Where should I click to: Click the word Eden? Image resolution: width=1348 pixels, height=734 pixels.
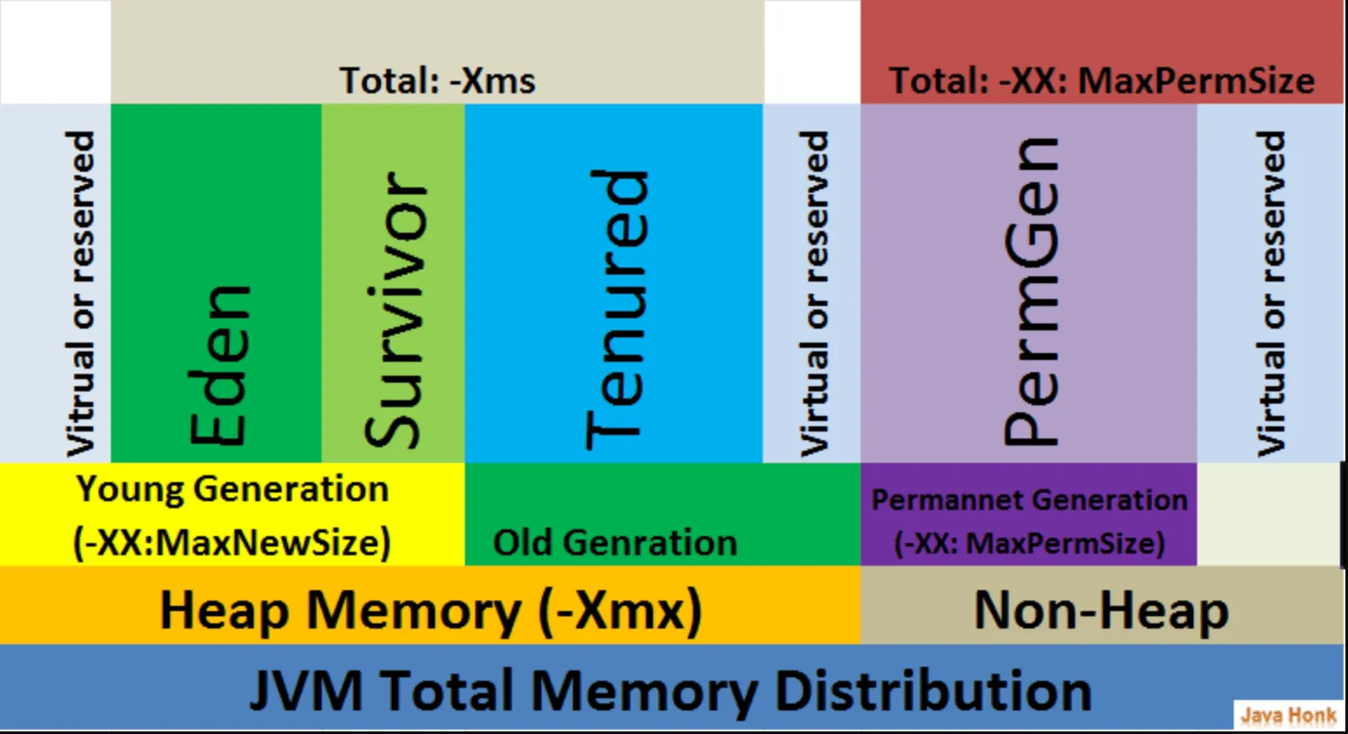(219, 365)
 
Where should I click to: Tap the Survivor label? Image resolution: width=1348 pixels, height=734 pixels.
(395, 309)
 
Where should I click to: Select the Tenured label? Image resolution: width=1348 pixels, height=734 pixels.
(617, 309)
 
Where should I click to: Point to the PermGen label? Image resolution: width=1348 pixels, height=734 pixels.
(1031, 291)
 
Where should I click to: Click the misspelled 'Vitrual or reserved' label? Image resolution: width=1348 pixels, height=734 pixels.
(80, 294)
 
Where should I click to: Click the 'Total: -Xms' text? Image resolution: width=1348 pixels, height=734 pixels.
(438, 80)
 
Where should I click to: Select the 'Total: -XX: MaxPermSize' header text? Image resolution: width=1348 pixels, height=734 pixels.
(1102, 80)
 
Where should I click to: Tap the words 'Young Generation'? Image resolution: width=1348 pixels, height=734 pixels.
(232, 488)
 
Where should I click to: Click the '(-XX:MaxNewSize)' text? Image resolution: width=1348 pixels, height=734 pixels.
(232, 543)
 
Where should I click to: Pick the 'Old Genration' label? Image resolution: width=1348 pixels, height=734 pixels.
(615, 542)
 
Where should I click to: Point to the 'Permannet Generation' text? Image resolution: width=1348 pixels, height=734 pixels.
(1030, 500)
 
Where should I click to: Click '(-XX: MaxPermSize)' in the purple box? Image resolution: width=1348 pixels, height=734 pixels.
(1030, 543)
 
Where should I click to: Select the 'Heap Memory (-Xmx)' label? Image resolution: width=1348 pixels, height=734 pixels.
(431, 611)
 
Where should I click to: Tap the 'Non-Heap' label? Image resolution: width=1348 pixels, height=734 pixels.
(1101, 610)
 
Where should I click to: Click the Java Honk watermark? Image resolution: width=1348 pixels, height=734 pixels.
(1289, 716)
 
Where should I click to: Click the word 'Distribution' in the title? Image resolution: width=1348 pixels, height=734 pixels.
(933, 690)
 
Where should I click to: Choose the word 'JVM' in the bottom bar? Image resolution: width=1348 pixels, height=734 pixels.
(306, 690)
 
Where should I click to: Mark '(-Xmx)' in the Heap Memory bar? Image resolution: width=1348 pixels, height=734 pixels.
(621, 611)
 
